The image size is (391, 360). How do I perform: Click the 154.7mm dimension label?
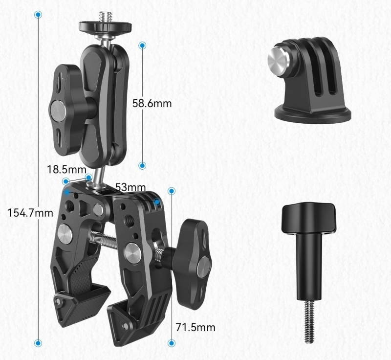pyautogui.click(x=30, y=213)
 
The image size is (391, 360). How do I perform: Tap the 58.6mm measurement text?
pyautogui.click(x=152, y=103)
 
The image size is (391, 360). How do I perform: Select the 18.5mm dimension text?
pyautogui.click(x=66, y=170)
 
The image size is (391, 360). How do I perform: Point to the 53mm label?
pyautogui.click(x=130, y=187)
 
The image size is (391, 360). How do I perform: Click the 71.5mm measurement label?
pyautogui.click(x=195, y=327)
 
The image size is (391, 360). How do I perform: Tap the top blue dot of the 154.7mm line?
pyautogui.click(x=38, y=15)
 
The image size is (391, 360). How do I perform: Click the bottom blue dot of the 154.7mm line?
pyautogui.click(x=38, y=343)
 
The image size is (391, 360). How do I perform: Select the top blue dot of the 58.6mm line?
pyautogui.click(x=142, y=45)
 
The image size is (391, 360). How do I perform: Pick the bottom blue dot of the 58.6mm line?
pyautogui.click(x=142, y=165)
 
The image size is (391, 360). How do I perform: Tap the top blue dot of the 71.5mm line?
pyautogui.click(x=172, y=191)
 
